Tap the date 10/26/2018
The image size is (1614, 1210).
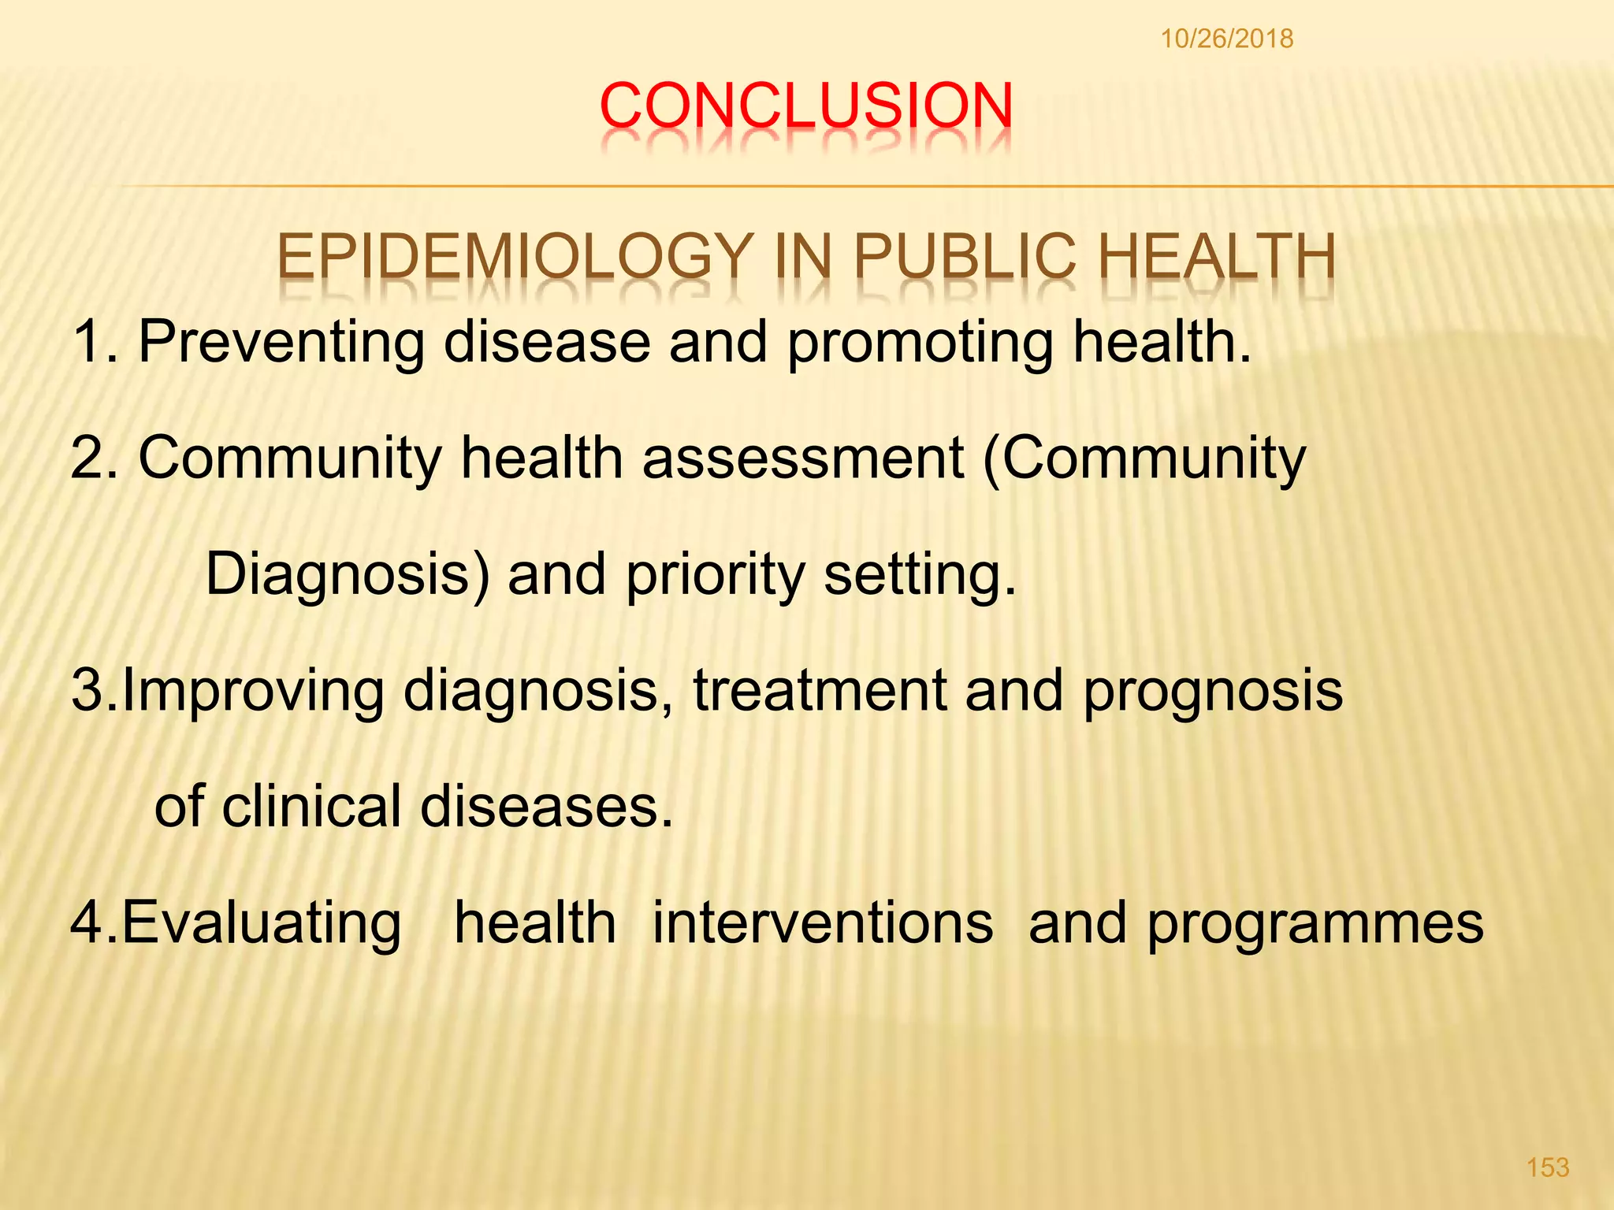(x=1226, y=39)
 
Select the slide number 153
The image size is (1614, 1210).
(x=1548, y=1167)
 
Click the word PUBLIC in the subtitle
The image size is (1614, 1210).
(x=964, y=257)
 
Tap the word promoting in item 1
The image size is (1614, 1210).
(x=920, y=343)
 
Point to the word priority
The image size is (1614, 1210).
(x=715, y=575)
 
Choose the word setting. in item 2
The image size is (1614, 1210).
(x=920, y=575)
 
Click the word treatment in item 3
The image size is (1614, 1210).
(x=819, y=690)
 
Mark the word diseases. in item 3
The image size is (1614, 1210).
(x=546, y=806)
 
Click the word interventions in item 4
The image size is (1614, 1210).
(x=823, y=922)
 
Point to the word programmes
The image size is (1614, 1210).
(x=1315, y=924)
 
